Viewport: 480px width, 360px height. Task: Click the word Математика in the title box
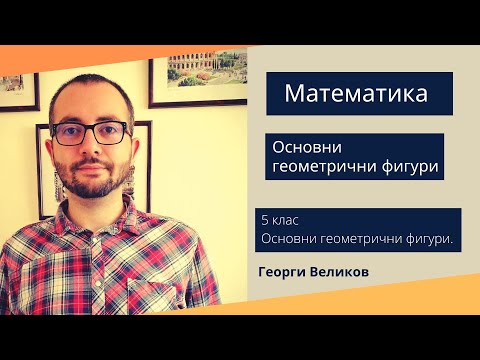(x=356, y=94)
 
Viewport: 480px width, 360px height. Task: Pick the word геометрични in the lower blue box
(x=356, y=238)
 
